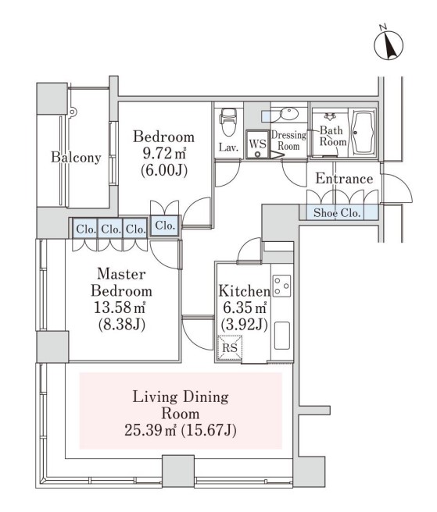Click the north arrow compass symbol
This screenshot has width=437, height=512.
[x=389, y=44]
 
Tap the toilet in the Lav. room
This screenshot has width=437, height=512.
[x=228, y=122]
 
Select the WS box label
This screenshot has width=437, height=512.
[x=257, y=144]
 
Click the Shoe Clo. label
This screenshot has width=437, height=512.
[x=337, y=213]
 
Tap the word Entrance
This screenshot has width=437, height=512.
[x=344, y=179]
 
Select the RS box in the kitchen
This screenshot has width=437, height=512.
[x=230, y=348]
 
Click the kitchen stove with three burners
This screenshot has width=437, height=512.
[x=281, y=286]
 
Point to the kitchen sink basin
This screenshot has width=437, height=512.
[x=282, y=336]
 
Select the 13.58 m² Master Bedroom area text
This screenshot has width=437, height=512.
[x=120, y=308]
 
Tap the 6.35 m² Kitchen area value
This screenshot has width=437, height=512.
[x=244, y=308]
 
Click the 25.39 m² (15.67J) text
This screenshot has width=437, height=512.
[x=181, y=430]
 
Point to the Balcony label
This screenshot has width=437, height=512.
[x=76, y=158]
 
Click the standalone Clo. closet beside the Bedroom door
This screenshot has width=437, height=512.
[x=165, y=226]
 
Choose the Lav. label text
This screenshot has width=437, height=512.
[x=228, y=148]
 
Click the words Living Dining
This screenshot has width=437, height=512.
[x=181, y=397]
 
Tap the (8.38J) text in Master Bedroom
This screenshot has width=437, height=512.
[x=122, y=325]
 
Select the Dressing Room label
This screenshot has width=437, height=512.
[x=288, y=140]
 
